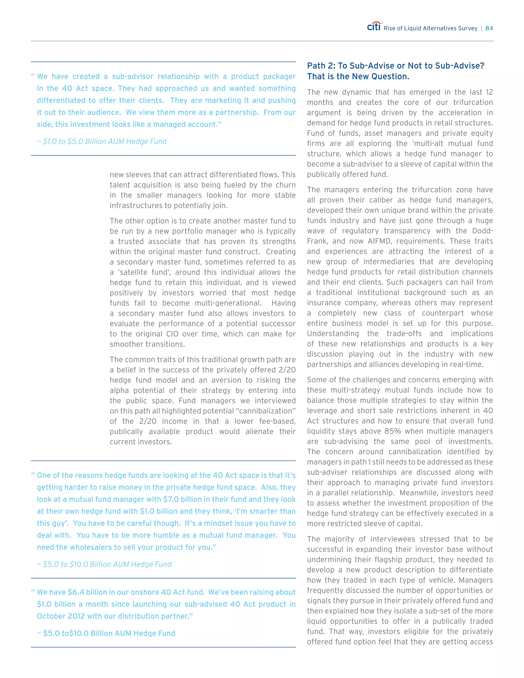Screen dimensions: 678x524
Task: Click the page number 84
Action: [x=489, y=28]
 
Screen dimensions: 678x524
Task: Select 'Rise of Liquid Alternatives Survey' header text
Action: [x=430, y=28]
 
